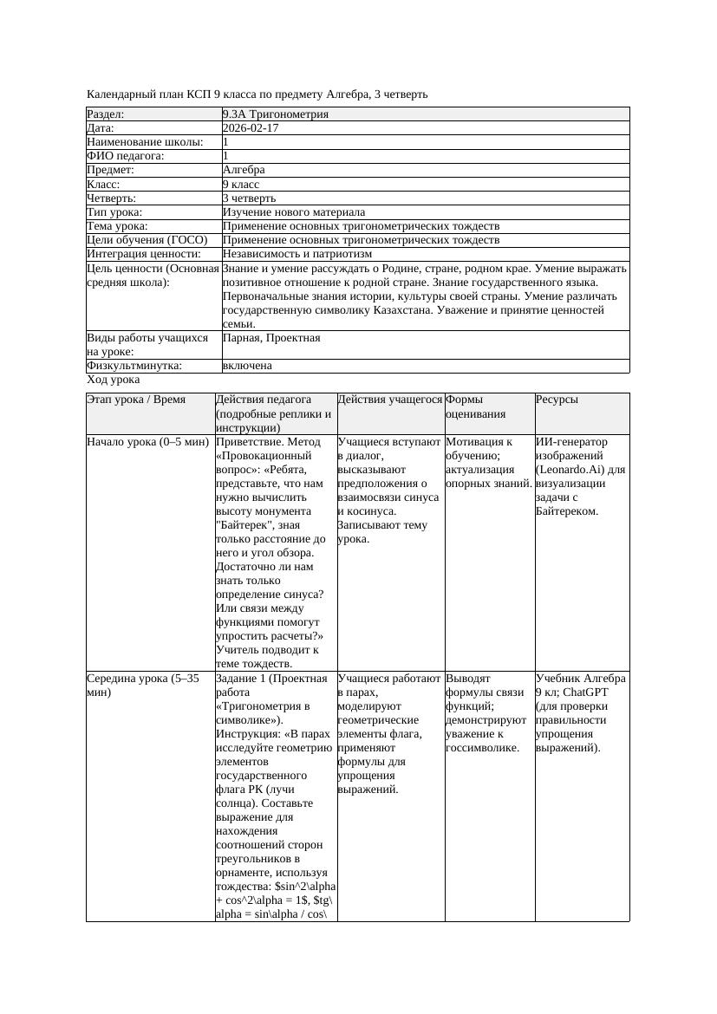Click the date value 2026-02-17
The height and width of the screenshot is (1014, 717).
click(251, 128)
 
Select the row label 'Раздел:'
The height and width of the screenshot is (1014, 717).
click(106, 114)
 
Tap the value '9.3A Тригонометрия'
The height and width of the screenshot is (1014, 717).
click(276, 114)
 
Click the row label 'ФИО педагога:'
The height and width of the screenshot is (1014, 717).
click(126, 156)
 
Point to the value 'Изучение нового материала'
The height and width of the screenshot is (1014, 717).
click(294, 212)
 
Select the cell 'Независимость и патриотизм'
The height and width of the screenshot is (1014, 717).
click(297, 254)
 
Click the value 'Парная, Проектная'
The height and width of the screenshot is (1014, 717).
click(271, 338)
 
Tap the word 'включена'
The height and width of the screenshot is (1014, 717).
click(247, 366)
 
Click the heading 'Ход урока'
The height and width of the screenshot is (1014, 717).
click(114, 380)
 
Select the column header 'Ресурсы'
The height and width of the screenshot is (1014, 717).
click(557, 400)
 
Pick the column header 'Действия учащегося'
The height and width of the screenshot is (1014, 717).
click(389, 400)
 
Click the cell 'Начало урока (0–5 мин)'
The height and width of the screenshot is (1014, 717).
click(147, 442)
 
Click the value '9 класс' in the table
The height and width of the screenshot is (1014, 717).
click(241, 185)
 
